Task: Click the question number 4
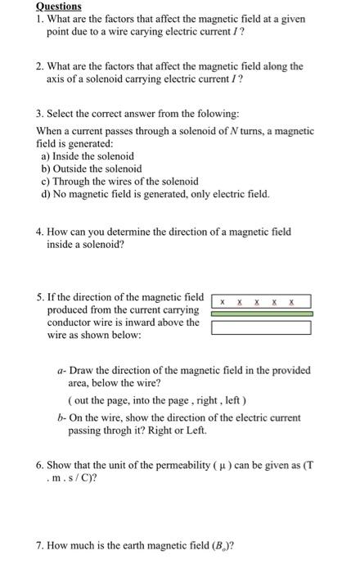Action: coord(40,232)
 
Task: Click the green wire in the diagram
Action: coord(261,314)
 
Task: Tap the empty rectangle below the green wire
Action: coord(261,327)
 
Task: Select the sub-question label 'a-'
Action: coord(62,370)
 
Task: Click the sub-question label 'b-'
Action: coord(62,417)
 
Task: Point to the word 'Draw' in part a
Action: coord(82,370)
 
